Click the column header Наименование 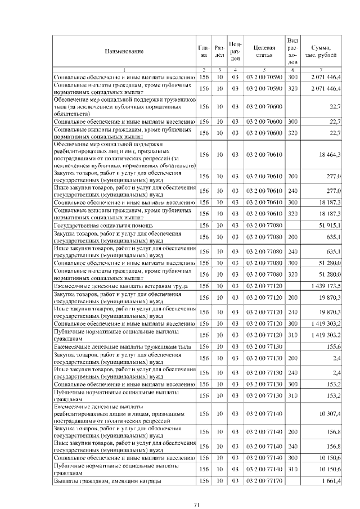tap(124, 51)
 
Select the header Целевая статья tap(264, 51)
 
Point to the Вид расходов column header tap(292, 51)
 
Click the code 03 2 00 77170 tap(264, 481)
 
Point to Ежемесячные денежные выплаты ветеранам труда tap(116, 286)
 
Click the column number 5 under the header tap(264, 69)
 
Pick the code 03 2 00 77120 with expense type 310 tap(264, 336)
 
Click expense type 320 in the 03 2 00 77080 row tap(292, 274)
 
